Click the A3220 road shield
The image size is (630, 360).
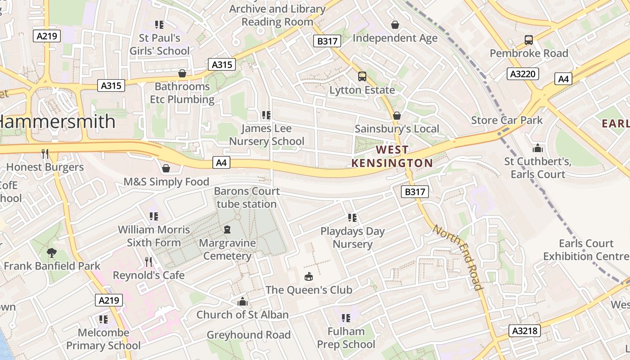pos(522,74)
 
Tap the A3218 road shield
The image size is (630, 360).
pos(525,331)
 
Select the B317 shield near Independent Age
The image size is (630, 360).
pos(327,41)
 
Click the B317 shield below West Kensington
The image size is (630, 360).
pos(414,192)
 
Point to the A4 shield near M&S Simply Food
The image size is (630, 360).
pos(221,162)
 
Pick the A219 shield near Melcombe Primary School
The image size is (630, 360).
pos(109,300)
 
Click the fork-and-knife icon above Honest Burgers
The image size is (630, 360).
pos(45,154)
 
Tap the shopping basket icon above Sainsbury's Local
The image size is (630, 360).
pos(396,116)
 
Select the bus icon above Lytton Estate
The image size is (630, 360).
pos(362,76)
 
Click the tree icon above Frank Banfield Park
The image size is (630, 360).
pos(52,252)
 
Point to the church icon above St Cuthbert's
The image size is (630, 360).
pos(537,148)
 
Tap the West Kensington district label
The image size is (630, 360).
pos(392,156)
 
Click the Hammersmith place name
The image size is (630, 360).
pos(56,122)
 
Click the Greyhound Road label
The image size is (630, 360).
pos(248,335)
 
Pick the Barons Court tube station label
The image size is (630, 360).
pos(246,198)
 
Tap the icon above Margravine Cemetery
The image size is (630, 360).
pos(227,229)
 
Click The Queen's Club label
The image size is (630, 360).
pos(309,290)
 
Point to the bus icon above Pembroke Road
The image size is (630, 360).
pos(529,40)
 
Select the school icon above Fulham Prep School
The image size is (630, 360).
pos(346,318)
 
